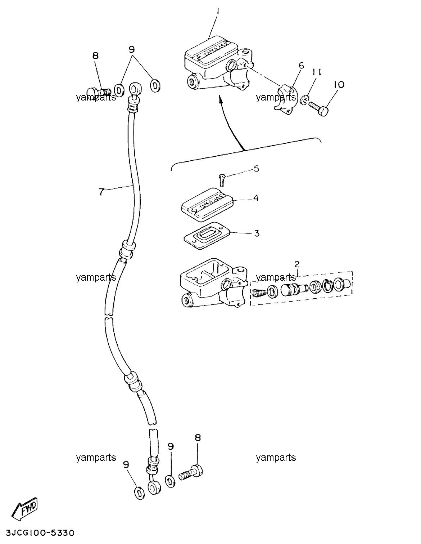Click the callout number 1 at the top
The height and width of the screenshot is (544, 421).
tap(218, 12)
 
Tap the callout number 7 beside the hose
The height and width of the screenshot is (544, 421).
tap(101, 192)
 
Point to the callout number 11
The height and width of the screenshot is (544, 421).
tap(316, 73)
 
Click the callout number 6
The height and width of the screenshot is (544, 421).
tap(301, 66)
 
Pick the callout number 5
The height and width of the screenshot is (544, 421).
tap(256, 169)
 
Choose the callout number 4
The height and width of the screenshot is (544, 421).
tap(256, 198)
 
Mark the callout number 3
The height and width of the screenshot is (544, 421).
tap(257, 233)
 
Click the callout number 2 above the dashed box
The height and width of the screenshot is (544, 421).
tap(297, 264)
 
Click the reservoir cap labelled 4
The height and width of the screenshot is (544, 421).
tap(207, 205)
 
